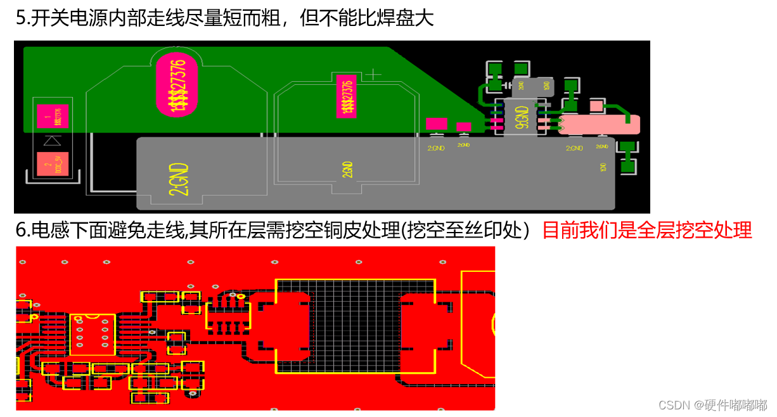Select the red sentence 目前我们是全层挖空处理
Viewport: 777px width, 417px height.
[x=647, y=230]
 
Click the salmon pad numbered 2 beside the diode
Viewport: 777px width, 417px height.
[x=53, y=165]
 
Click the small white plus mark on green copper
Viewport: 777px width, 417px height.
[x=375, y=75]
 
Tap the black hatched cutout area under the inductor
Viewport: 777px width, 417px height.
[x=355, y=326]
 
